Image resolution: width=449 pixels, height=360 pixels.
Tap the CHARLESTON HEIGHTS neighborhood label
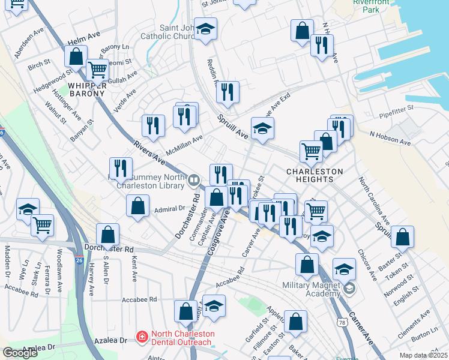pyautogui.click(x=314, y=175)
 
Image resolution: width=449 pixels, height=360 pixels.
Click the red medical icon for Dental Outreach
pyautogui.click(x=142, y=338)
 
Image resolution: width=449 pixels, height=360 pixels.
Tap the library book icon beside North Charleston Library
pyautogui.click(x=193, y=180)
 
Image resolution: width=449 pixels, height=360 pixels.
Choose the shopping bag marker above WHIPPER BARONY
pyautogui.click(x=76, y=57)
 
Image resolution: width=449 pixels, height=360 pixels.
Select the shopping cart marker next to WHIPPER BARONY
pyautogui.click(x=97, y=69)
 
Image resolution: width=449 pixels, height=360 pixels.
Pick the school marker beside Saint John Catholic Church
pyautogui.click(x=206, y=30)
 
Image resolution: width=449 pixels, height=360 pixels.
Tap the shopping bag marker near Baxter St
pyautogui.click(x=402, y=238)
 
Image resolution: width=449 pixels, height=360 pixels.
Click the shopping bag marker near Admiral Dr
pyautogui.click(x=138, y=206)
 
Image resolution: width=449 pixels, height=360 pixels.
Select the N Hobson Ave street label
pyautogui.click(x=390, y=139)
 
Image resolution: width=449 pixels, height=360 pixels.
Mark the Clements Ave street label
pyautogui.click(x=418, y=322)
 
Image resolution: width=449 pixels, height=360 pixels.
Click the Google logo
pyautogui.click(x=20, y=353)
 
